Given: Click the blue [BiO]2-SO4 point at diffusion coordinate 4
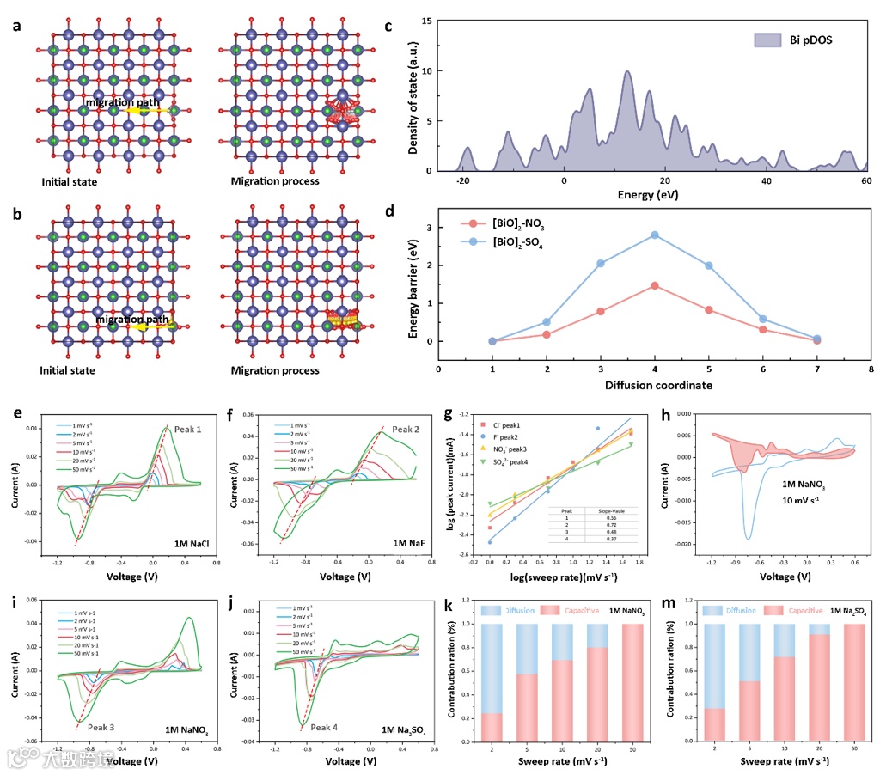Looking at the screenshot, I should click(655, 235).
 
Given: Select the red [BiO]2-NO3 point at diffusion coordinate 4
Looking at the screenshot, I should click(655, 285).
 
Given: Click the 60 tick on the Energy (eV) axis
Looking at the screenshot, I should click(865, 182).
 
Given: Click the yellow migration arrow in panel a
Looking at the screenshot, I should click(141, 109).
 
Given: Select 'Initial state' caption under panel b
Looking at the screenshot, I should click(69, 371).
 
